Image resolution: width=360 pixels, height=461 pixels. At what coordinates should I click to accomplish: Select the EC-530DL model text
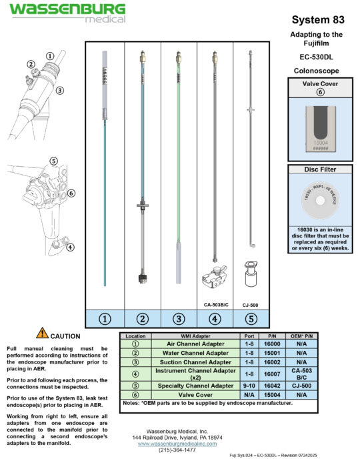point(317,57)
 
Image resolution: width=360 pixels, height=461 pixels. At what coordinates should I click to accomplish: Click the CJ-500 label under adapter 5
point(251,304)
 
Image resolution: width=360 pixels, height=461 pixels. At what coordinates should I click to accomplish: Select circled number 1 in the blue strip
point(104,318)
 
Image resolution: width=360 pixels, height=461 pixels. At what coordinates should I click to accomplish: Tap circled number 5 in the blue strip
point(251,318)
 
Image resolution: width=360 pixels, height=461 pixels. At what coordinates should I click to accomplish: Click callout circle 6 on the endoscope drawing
point(71,193)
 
